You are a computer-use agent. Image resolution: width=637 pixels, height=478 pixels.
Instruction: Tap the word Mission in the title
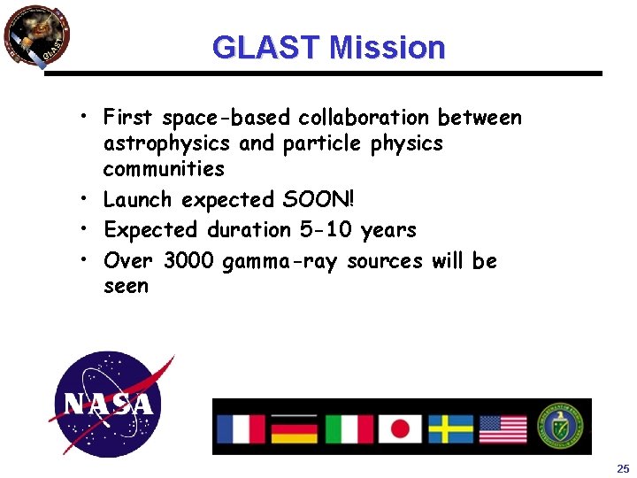pyautogui.click(x=386, y=47)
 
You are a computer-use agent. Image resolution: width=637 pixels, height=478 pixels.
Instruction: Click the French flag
pyautogui.click(x=242, y=428)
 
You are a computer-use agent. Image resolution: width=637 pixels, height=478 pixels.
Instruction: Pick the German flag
pyautogui.click(x=294, y=428)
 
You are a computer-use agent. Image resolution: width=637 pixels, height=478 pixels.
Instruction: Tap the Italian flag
pyautogui.click(x=348, y=428)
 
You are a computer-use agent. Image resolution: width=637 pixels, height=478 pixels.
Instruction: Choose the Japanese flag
pyautogui.click(x=400, y=428)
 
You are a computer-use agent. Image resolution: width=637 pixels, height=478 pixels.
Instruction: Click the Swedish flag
pyautogui.click(x=451, y=428)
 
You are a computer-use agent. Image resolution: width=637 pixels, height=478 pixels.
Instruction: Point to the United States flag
pyautogui.click(x=503, y=428)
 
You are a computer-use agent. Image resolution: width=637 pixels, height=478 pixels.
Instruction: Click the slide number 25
pyautogui.click(x=622, y=467)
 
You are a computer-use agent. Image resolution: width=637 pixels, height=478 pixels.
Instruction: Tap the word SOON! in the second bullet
pyautogui.click(x=316, y=200)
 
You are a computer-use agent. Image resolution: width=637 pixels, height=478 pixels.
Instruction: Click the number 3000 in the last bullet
pyautogui.click(x=188, y=261)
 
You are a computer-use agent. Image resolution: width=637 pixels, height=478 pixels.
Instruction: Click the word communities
pyautogui.click(x=164, y=168)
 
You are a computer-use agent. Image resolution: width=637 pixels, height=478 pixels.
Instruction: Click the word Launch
pyautogui.click(x=136, y=200)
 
